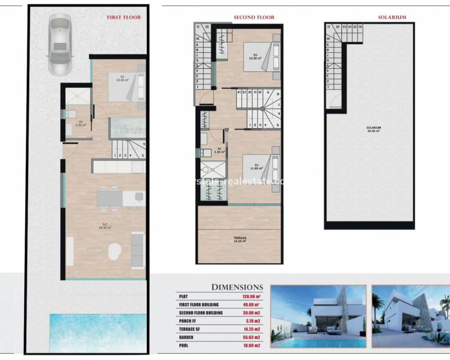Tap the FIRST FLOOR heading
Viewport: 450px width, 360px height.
point(124,17)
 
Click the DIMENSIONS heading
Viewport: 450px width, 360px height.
point(236,287)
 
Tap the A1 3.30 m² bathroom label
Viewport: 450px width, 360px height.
point(220,151)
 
